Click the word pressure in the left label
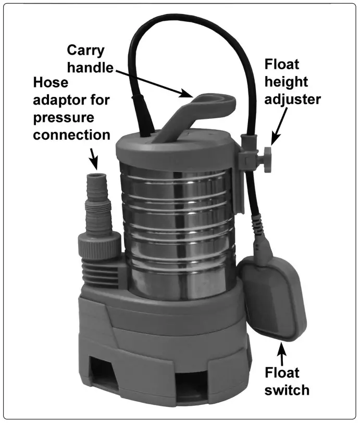[65, 118]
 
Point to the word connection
[71, 134]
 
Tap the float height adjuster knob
[267, 155]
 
